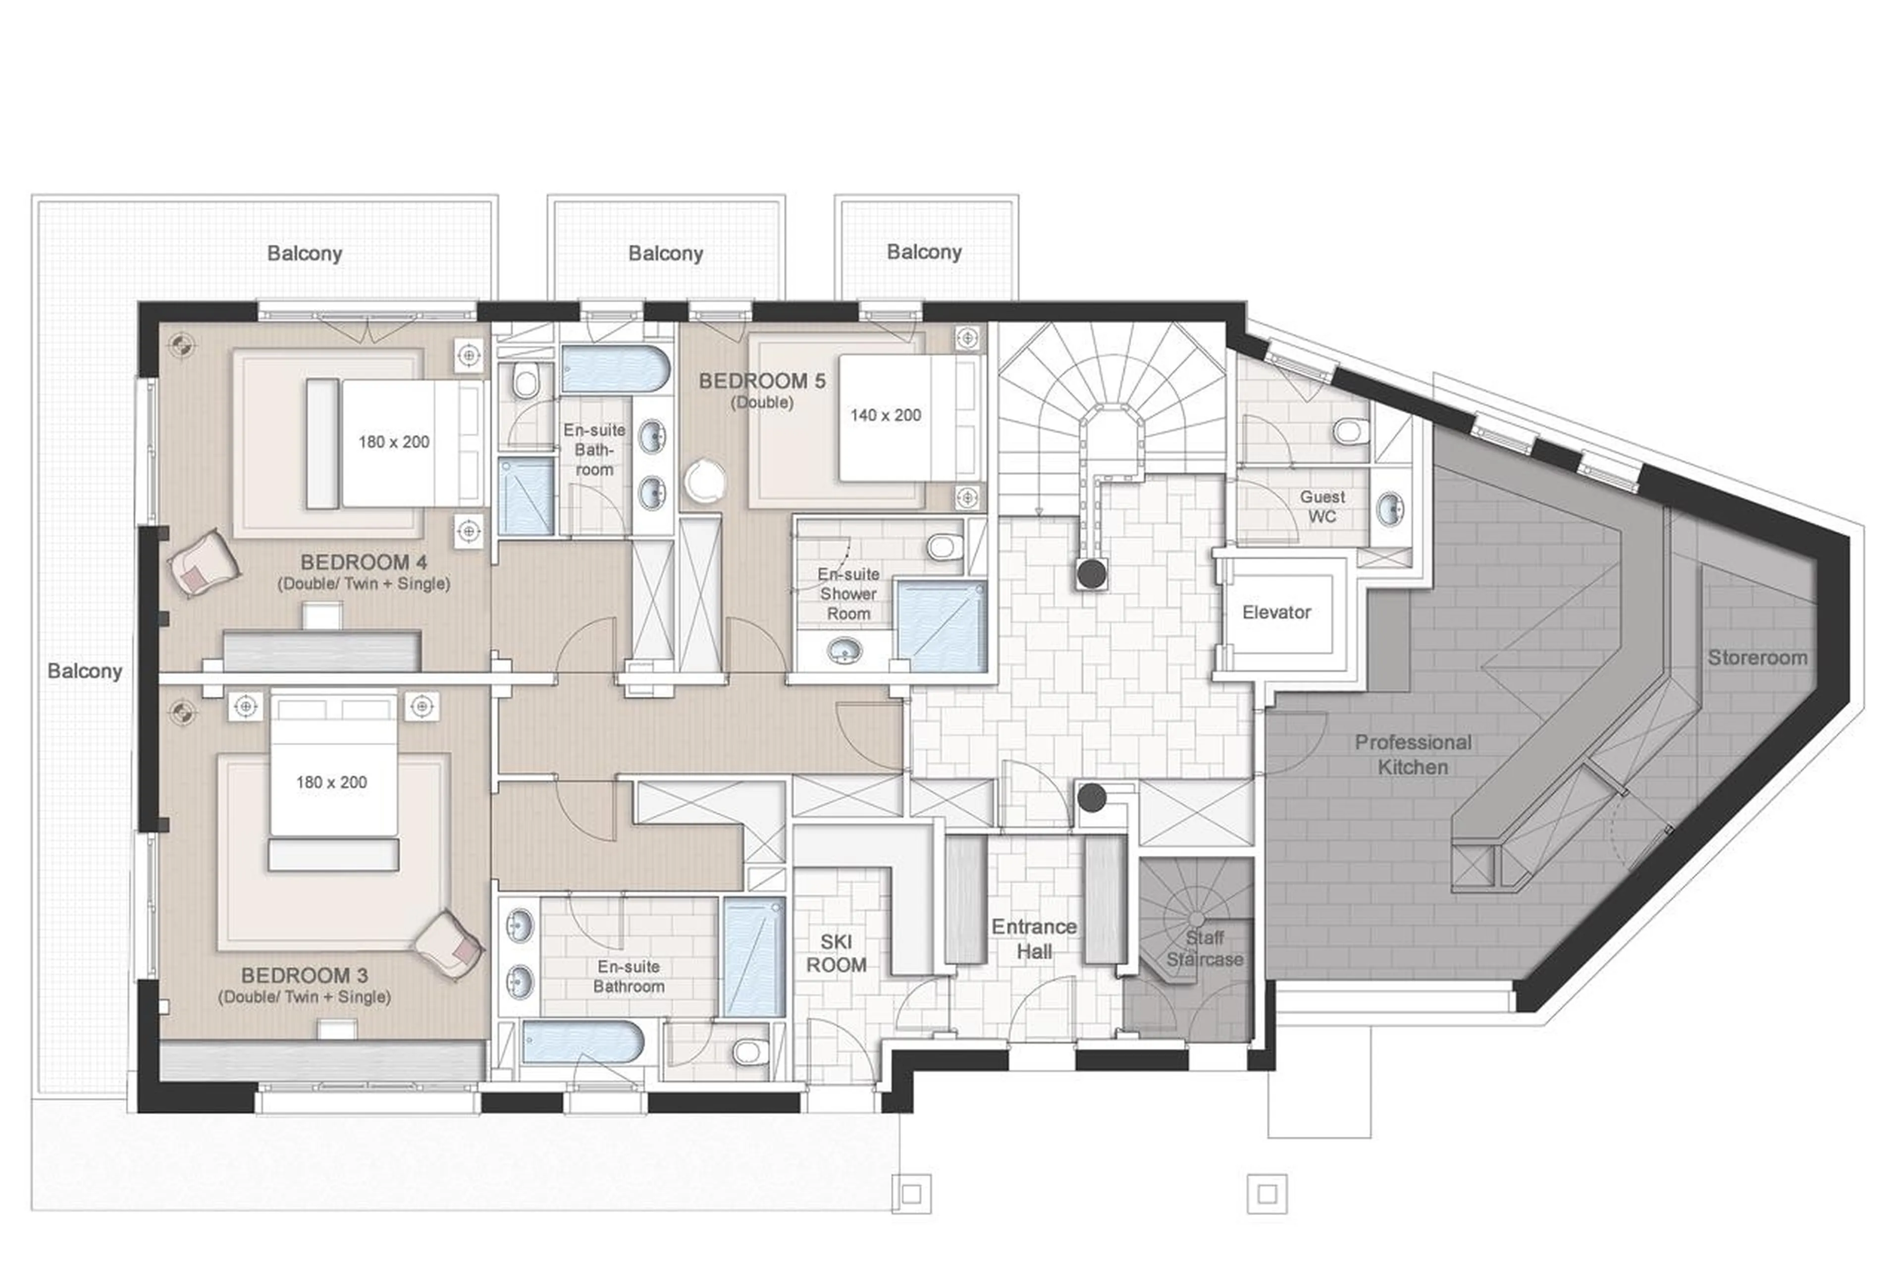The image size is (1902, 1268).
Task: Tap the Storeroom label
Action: [x=1756, y=658]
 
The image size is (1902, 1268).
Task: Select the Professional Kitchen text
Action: [x=1412, y=754]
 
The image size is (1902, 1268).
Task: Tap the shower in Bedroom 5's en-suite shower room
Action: [x=941, y=627]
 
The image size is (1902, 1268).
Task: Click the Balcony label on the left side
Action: [x=84, y=670]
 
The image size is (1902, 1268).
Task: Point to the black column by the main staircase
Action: [x=1091, y=574]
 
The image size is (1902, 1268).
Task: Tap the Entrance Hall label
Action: [x=1033, y=938]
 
